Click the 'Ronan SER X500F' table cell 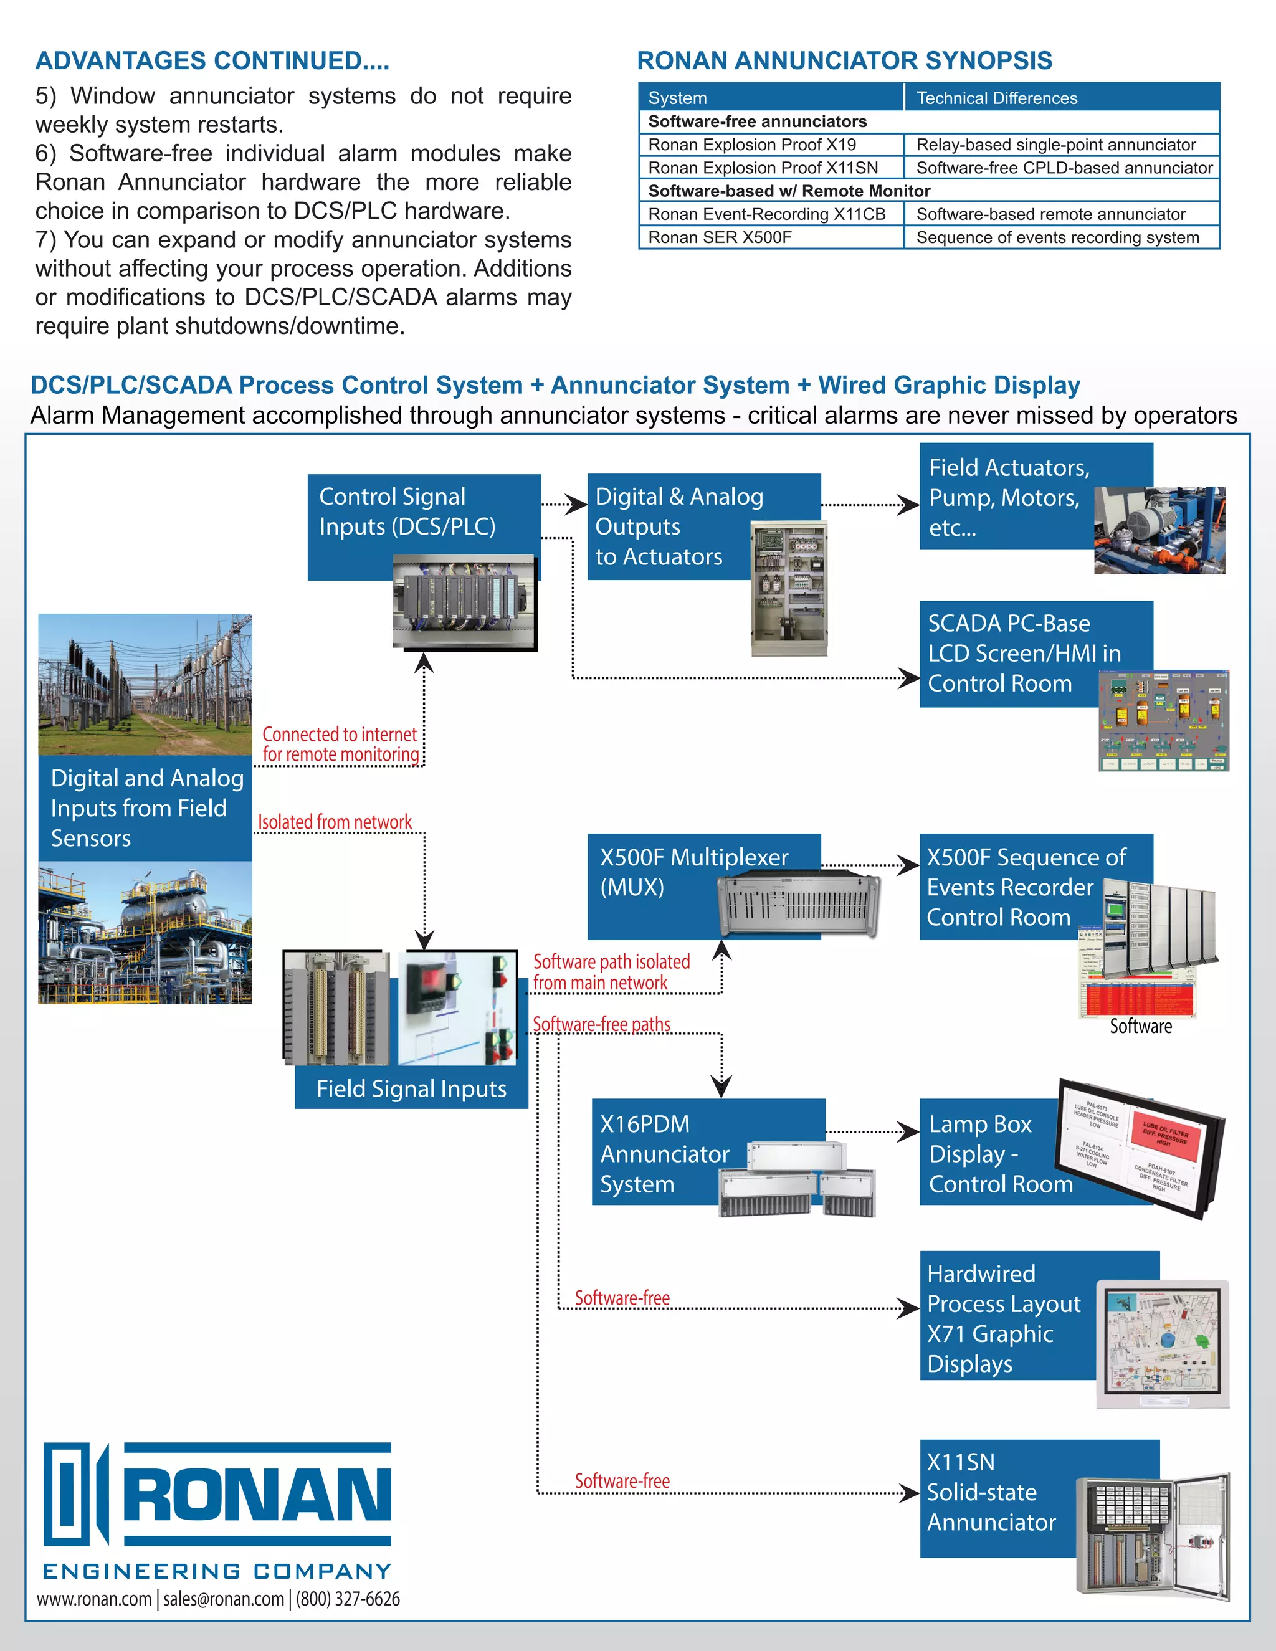coord(720,237)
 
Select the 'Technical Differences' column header coord(996,98)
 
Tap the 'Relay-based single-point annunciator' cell coord(1055,145)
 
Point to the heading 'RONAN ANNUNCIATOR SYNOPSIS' coord(844,60)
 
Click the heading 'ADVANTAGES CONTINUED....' coord(212,60)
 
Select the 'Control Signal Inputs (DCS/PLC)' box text coord(407,511)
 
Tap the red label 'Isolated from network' coord(335,822)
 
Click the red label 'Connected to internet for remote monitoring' coord(340,745)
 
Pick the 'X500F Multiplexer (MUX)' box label coord(693,871)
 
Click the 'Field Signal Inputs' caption coord(411,1088)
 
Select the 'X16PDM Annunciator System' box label coord(664,1154)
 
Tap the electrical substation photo coord(145,683)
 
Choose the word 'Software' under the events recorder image coord(1140,1027)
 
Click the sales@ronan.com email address coord(224,1599)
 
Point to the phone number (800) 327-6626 coord(348,1599)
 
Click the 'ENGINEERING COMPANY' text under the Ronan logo coord(217,1572)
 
